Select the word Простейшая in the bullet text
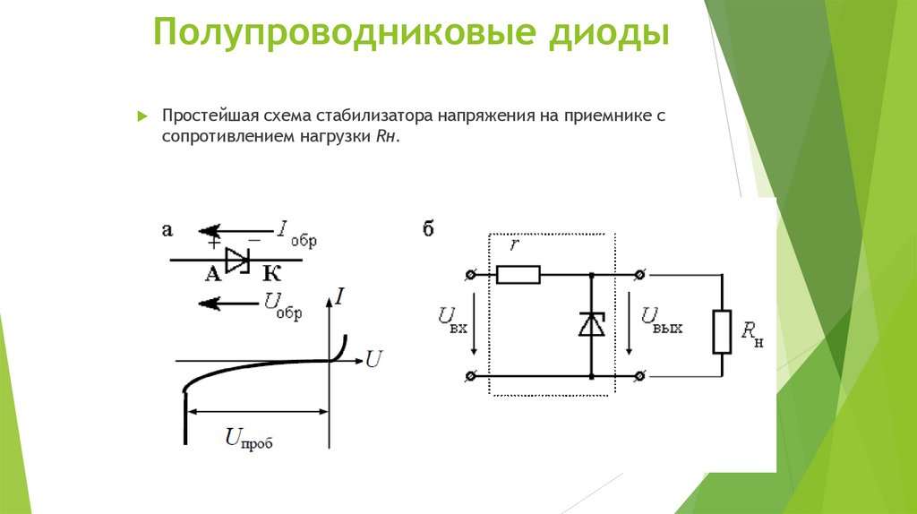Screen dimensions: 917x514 (x=208, y=117)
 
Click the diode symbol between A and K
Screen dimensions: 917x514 (x=237, y=260)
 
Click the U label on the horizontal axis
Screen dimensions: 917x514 (x=374, y=360)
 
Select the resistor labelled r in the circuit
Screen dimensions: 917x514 (x=518, y=274)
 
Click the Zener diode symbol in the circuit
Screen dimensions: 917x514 (x=591, y=324)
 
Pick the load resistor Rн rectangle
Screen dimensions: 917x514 (x=722, y=331)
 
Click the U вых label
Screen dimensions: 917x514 (x=661, y=320)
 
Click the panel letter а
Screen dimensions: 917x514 (x=166, y=230)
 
